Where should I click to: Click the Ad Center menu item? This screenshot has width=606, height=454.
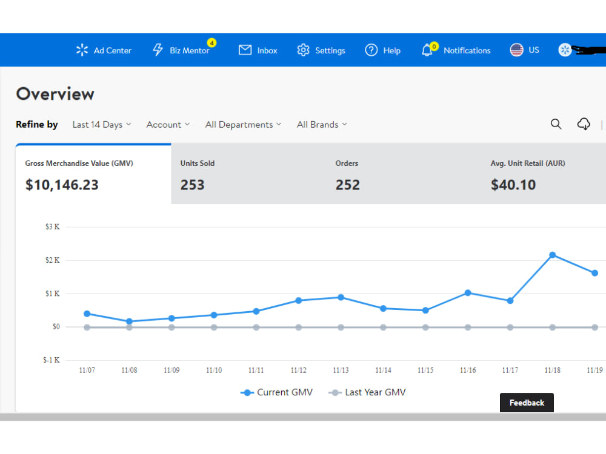tap(104, 50)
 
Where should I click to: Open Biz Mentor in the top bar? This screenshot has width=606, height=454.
tap(184, 50)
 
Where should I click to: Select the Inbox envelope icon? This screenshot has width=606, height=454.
tap(245, 50)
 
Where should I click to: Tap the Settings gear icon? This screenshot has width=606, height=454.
tap(304, 50)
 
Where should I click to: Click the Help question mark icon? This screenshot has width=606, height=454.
tap(371, 50)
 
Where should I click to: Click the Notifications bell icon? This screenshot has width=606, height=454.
tap(427, 50)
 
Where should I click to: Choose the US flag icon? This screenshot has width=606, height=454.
tap(516, 50)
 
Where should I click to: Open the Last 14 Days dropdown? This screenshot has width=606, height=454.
tap(102, 124)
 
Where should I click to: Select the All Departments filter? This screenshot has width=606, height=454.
tap(243, 124)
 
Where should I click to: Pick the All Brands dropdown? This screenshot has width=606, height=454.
tap(322, 124)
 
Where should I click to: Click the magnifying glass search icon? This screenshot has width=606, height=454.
tap(556, 124)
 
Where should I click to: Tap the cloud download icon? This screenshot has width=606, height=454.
tap(584, 124)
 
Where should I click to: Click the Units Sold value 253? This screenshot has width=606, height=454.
tap(193, 185)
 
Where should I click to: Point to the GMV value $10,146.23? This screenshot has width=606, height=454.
tap(62, 185)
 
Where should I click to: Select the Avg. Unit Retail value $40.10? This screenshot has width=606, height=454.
tap(513, 185)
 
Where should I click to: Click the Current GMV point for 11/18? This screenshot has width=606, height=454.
tap(553, 255)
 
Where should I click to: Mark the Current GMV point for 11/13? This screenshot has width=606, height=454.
tap(341, 297)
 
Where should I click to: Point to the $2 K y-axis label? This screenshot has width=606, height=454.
tap(53, 260)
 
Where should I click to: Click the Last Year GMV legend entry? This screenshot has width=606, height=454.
tap(367, 392)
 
